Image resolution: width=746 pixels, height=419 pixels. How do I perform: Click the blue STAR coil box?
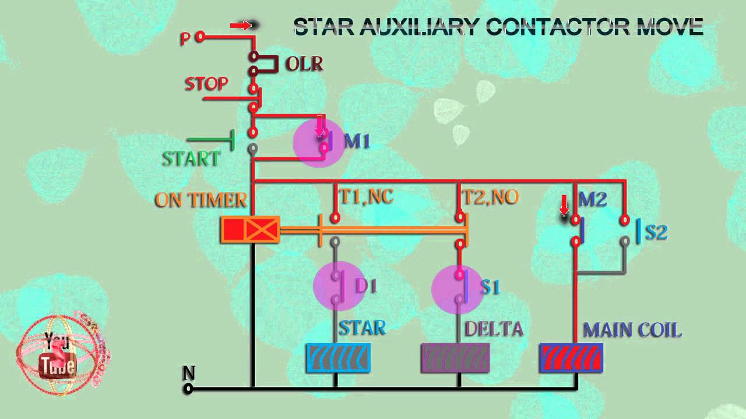point(338,358)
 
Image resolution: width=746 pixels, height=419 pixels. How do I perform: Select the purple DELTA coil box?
point(455,358)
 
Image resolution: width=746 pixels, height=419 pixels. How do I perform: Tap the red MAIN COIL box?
point(571,358)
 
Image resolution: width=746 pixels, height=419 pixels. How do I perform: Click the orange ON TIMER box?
point(250,230)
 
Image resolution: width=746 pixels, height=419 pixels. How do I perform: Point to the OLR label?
point(304,63)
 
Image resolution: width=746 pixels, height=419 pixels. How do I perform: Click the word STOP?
point(206,84)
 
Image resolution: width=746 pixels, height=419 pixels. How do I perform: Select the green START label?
point(191,159)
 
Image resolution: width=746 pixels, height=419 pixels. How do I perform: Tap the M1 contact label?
point(357,141)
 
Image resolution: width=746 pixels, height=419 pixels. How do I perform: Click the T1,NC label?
point(366,197)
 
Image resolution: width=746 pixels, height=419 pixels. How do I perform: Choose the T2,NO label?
point(490,197)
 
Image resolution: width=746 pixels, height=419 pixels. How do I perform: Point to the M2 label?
point(593,200)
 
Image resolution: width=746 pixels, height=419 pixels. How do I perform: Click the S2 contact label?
point(656,232)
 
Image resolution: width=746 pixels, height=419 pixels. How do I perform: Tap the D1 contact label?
point(367,286)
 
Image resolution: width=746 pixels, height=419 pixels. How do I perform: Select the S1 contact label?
point(490,287)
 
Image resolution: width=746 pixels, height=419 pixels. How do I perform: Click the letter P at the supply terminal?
point(185,39)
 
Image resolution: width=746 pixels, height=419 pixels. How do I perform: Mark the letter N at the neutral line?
point(189,373)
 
